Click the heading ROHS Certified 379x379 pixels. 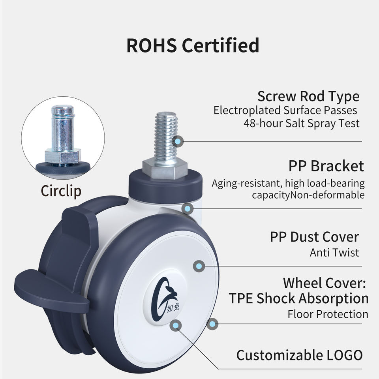pyautogui.click(x=193, y=45)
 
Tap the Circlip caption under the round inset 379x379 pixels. pyautogui.click(x=61, y=191)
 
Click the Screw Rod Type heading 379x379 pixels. pyautogui.click(x=308, y=96)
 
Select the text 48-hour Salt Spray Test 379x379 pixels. pyautogui.click(x=302, y=123)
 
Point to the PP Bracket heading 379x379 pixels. pyautogui.click(x=326, y=166)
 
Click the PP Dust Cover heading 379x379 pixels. pyautogui.click(x=314, y=237)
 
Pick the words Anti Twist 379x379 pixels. pyautogui.click(x=334, y=252)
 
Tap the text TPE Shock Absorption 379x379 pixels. pyautogui.click(x=298, y=298)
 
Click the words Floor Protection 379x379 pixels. pyautogui.click(x=328, y=314)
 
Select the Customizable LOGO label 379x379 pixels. pyautogui.click(x=299, y=355)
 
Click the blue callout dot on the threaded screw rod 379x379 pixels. pyautogui.click(x=178, y=141)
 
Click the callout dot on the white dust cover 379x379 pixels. pyautogui.click(x=199, y=266)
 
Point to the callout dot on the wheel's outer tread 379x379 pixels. pyautogui.click(x=212, y=324)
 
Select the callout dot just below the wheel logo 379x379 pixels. pyautogui.click(x=176, y=325)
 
